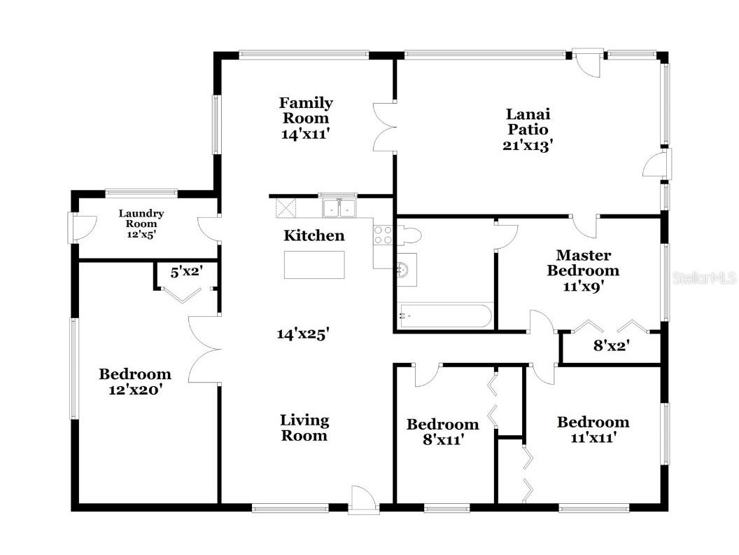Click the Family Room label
pyautogui.click(x=306, y=111)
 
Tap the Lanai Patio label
pyautogui.click(x=528, y=122)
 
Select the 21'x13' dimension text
pyautogui.click(x=528, y=146)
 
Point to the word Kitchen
pyautogui.click(x=314, y=236)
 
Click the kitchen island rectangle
pyautogui.click(x=314, y=265)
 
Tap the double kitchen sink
pyautogui.click(x=339, y=207)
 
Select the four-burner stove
pyautogui.click(x=382, y=235)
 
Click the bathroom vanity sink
pyautogui.click(x=404, y=267)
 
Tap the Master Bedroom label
pyautogui.click(x=583, y=263)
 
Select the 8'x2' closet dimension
pyautogui.click(x=612, y=345)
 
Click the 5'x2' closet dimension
pyautogui.click(x=186, y=271)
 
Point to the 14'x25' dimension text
pyautogui.click(x=303, y=334)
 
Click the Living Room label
pyautogui.click(x=304, y=428)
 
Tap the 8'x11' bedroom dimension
pyautogui.click(x=442, y=440)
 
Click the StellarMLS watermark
pyautogui.click(x=704, y=278)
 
